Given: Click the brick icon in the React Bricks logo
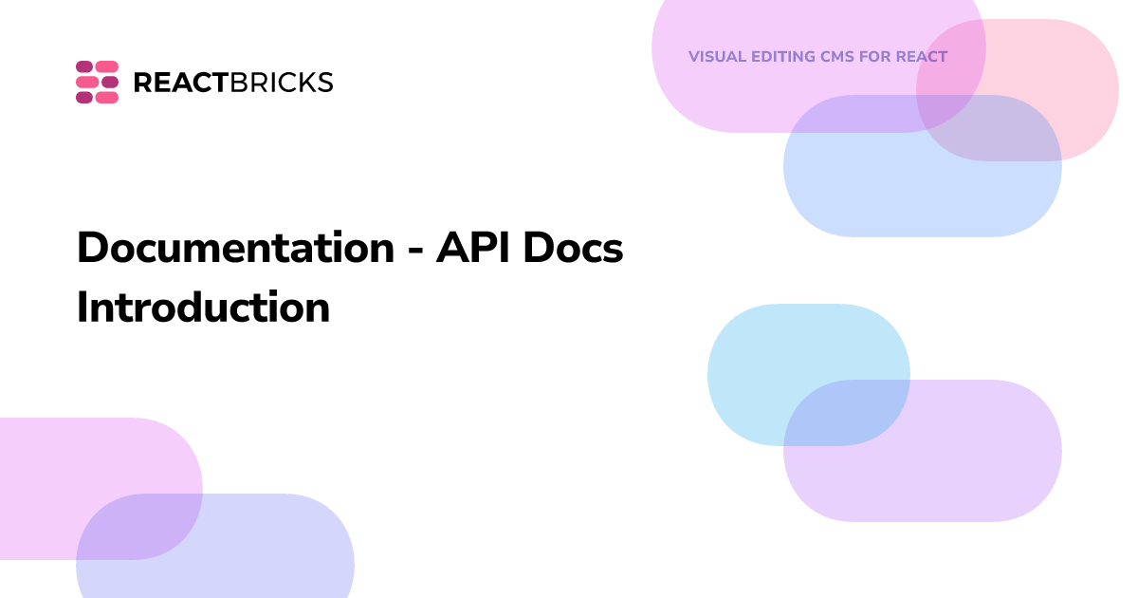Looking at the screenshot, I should click(97, 82).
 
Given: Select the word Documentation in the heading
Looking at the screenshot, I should click(235, 249).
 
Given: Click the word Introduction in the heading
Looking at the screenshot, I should click(203, 308).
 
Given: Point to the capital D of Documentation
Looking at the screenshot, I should click(92, 249).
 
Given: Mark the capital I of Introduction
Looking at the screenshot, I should click(83, 308).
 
